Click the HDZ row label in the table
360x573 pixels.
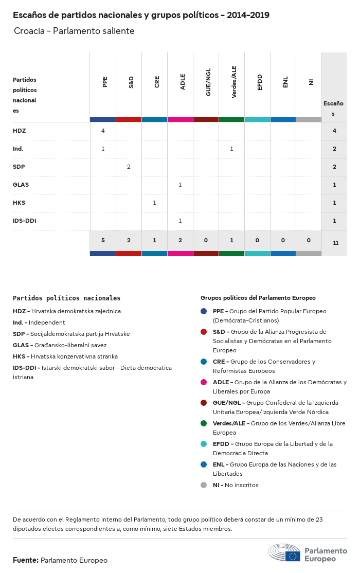19,131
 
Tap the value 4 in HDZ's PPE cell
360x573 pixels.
103,131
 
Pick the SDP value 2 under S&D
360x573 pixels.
129,167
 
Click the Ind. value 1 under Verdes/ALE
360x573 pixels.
231,149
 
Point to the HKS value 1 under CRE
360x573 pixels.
154,203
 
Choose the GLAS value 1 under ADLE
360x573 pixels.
180,185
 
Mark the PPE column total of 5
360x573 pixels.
103,240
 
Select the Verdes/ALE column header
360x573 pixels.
234,82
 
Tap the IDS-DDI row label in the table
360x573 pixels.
24,221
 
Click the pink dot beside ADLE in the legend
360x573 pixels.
204,382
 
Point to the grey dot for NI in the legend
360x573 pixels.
204,485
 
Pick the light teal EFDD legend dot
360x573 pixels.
204,444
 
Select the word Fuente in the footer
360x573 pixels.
25,560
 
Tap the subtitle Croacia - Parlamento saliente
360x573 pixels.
74,31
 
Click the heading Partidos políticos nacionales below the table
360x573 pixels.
66,298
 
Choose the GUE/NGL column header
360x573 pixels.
208,83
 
